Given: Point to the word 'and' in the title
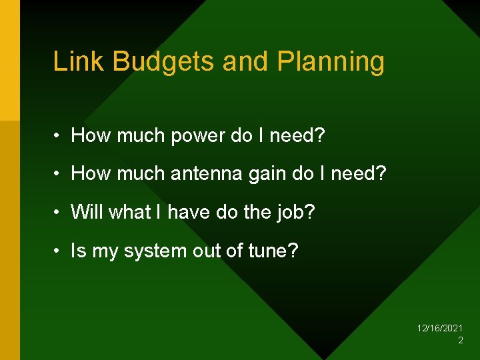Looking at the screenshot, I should click(244, 61).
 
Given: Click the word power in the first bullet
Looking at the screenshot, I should click(198, 136).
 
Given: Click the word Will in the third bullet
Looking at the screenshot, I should click(87, 212).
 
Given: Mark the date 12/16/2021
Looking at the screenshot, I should click(439, 329).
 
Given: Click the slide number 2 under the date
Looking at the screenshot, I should click(460, 341).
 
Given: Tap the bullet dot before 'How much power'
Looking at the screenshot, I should click(59, 137).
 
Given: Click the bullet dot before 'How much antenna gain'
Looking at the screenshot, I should click(59, 175).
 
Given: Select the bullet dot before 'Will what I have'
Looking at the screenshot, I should click(59, 213).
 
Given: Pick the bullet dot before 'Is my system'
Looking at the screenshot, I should click(59, 251).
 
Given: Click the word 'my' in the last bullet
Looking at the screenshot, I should click(105, 252).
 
